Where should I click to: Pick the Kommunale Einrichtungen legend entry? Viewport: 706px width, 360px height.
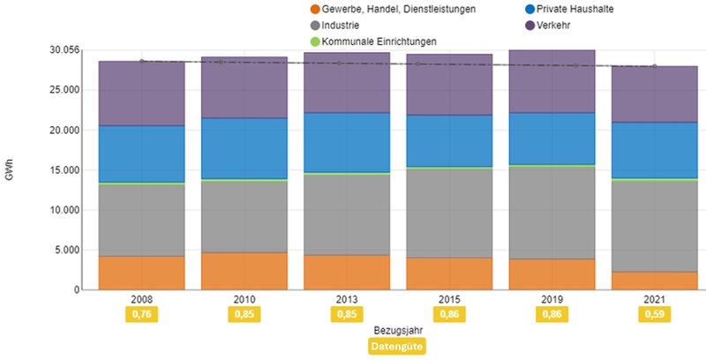click(379, 41)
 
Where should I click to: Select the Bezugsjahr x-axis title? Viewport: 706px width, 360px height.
click(397, 331)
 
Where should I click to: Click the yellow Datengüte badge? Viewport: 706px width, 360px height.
click(397, 347)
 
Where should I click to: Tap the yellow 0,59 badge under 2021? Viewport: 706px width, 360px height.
click(654, 314)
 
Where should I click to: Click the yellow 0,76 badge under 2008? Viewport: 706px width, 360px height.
click(141, 314)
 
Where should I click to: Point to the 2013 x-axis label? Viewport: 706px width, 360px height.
click(346, 299)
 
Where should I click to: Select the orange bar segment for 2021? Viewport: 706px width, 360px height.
click(654, 281)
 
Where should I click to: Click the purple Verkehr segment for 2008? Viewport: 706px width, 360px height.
click(141, 94)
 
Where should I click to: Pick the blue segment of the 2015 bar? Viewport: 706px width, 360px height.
click(449, 141)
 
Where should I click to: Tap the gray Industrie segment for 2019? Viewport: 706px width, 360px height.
click(552, 212)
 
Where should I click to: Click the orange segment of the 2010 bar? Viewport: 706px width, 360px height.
click(244, 271)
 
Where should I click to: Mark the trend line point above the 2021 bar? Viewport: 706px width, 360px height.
click(654, 66)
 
